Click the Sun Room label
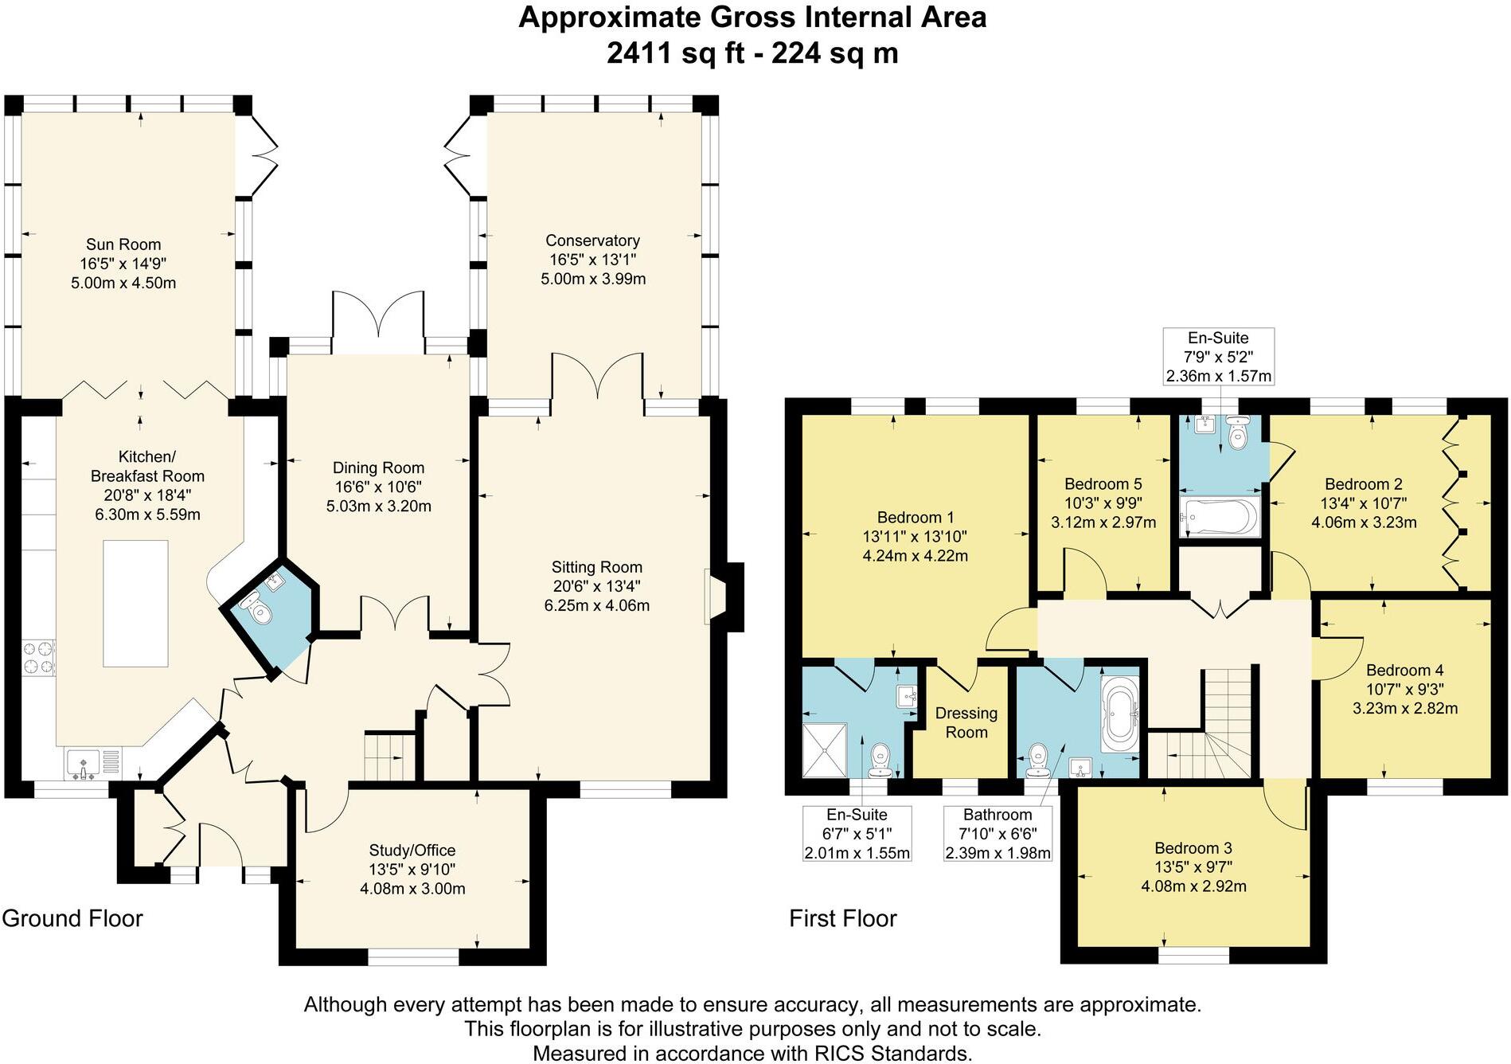[123, 244]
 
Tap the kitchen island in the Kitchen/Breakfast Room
[135, 603]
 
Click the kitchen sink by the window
[84, 765]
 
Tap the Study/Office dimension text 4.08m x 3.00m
[412, 888]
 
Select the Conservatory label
[592, 241]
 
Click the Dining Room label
[378, 467]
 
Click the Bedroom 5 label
[1103, 483]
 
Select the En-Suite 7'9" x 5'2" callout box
[1218, 356]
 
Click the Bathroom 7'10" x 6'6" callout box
[998, 833]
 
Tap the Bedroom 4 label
[1404, 670]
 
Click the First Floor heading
[842, 918]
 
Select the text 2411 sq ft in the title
[674, 53]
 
